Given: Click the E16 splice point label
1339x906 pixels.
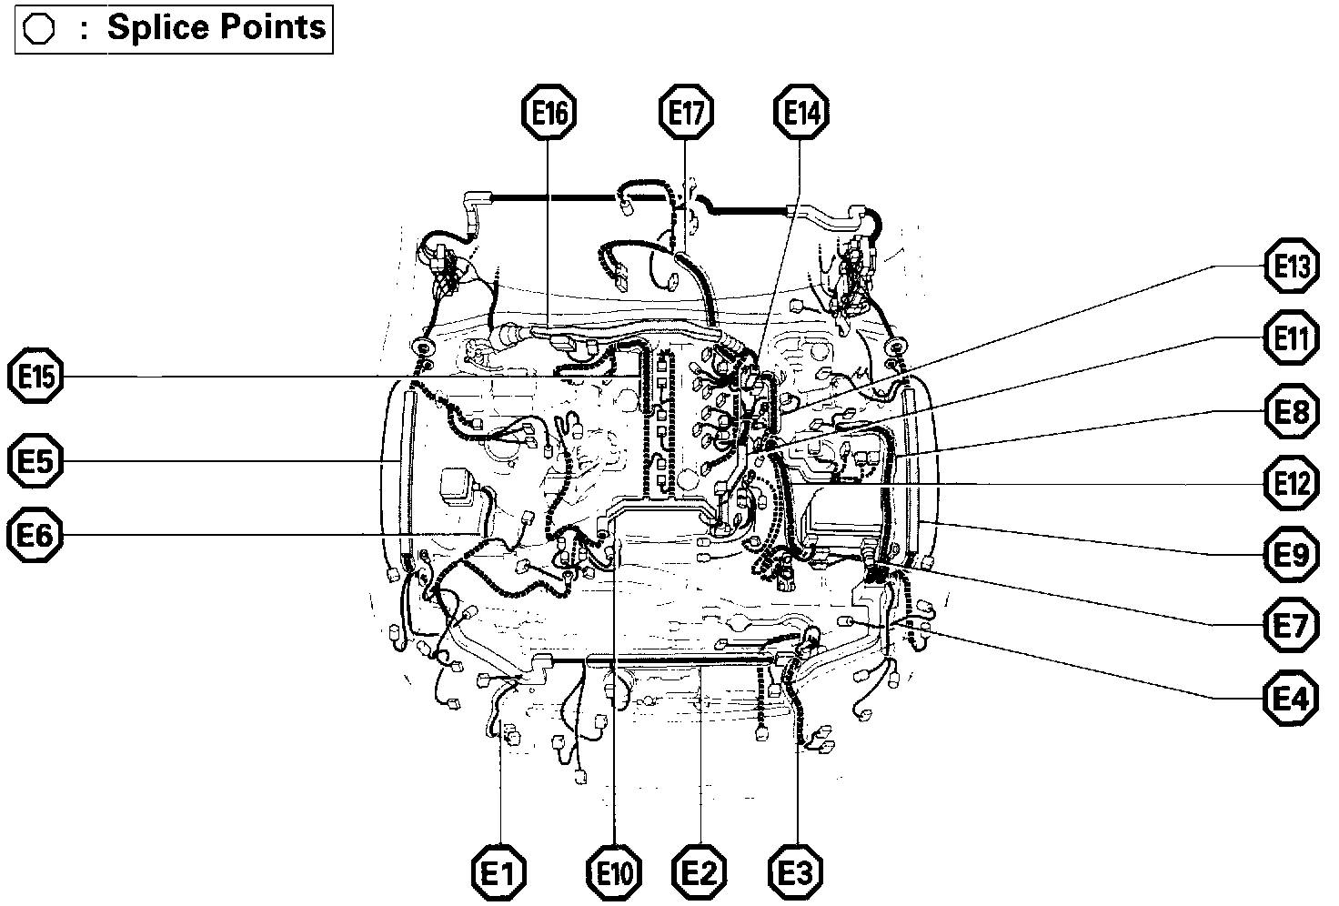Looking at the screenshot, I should click(549, 113).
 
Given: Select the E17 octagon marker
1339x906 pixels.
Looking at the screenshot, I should click(685, 113).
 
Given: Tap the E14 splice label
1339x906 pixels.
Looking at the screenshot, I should click(800, 113).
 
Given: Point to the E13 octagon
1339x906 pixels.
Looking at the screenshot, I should click(1292, 267).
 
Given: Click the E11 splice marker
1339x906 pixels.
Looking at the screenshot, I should click(1292, 339).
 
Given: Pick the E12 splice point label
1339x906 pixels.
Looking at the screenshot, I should click(1292, 483).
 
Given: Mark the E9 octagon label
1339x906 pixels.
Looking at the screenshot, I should click(1292, 554).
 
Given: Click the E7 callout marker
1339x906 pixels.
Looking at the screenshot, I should click(1292, 626).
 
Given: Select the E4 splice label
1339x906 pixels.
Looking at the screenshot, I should click(1292, 699).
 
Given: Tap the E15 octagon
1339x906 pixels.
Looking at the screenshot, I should click(35, 377).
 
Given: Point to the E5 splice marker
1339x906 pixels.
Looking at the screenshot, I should click(35, 462).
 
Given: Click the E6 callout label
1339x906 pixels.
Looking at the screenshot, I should click(35, 537).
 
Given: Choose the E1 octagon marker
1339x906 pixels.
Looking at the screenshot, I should click(499, 874).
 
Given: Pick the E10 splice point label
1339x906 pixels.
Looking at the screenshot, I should click(615, 874).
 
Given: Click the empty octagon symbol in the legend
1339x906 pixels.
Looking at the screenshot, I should click(39, 30).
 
